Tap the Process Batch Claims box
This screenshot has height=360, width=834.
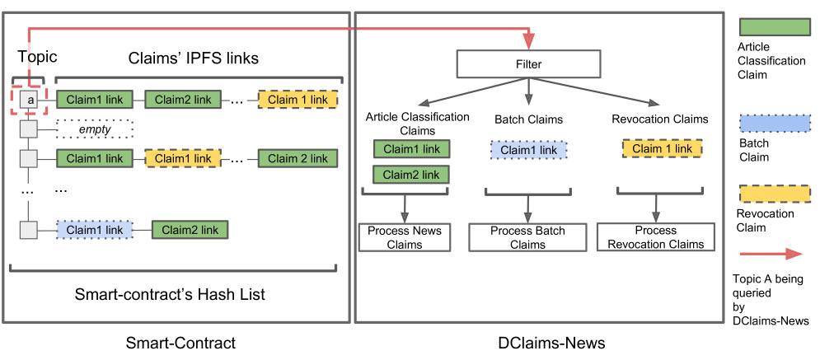tap(527, 237)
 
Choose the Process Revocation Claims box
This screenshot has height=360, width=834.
tap(656, 236)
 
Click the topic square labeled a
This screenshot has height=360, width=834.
tap(29, 100)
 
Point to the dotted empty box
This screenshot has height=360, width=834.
tap(94, 129)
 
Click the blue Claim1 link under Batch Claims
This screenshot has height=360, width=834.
tap(527, 150)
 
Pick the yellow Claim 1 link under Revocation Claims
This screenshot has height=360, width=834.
tap(662, 148)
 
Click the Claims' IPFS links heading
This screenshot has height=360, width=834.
tap(194, 58)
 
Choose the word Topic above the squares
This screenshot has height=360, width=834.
tap(37, 57)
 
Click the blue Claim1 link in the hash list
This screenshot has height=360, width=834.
tap(95, 230)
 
